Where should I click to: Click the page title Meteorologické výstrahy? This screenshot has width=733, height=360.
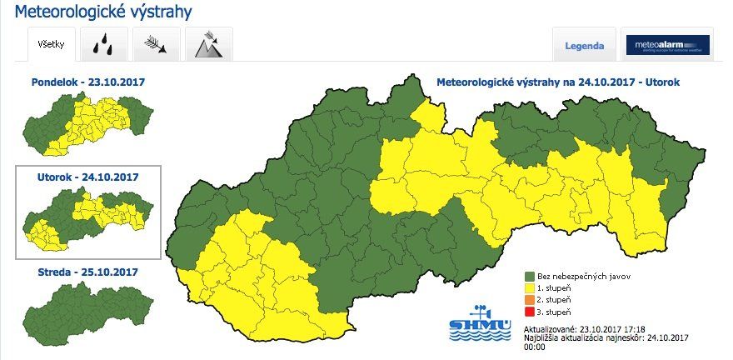[x=103, y=12]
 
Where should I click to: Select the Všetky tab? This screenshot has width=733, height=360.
[x=52, y=44]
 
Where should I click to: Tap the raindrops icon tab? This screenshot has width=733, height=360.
[x=104, y=45]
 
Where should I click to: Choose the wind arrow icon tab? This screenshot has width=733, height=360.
[x=155, y=45]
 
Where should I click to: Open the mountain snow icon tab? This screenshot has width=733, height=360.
[x=207, y=45]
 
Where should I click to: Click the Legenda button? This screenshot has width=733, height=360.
[x=584, y=46]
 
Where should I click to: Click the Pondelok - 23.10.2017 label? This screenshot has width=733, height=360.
[x=87, y=82]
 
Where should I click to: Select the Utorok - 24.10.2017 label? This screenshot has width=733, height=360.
[x=87, y=177]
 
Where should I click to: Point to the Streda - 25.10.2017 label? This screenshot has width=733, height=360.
[x=87, y=272]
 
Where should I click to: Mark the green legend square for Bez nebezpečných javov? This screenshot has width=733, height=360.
[x=529, y=275]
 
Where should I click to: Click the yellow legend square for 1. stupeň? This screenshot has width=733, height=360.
[x=529, y=287]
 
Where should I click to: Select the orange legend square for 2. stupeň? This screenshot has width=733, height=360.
[x=529, y=299]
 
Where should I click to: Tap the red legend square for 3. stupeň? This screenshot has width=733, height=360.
[x=529, y=312]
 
